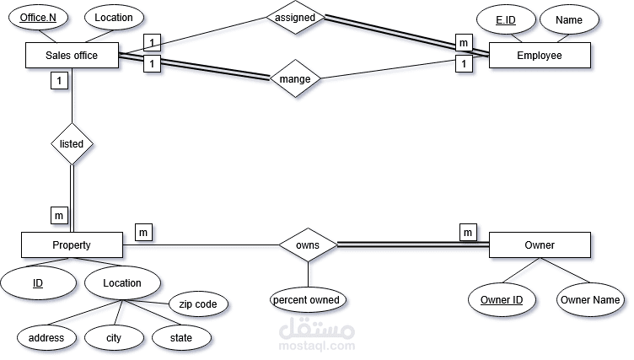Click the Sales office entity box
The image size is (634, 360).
[72, 56]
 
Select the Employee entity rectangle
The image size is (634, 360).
[540, 56]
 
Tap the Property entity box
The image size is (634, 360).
[72, 245]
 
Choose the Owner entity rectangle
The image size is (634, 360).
[540, 245]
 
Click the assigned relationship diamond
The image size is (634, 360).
[295, 17]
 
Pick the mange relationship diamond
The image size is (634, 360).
[295, 80]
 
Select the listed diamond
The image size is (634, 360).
[72, 143]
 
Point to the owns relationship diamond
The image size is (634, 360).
[308, 245]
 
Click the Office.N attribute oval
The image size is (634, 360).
[38, 18]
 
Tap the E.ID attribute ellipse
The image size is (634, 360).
[505, 19]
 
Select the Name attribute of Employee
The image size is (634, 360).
[569, 19]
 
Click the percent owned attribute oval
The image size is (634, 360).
[308, 299]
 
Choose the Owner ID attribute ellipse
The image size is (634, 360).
[502, 299]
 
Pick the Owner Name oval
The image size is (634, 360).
[589, 299]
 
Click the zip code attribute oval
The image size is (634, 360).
[198, 304]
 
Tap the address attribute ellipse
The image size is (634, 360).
[46, 338]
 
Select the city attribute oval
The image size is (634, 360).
[114, 338]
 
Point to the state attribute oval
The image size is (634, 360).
[181, 338]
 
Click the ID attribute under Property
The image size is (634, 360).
[38, 283]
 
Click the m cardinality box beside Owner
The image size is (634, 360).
[468, 232]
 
